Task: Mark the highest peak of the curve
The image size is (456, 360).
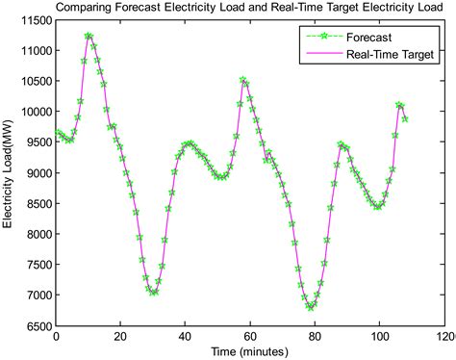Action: pyautogui.click(x=89, y=37)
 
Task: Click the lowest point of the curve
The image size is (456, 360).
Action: pyautogui.click(x=311, y=307)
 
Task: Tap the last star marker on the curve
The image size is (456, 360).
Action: pyautogui.click(x=405, y=119)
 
